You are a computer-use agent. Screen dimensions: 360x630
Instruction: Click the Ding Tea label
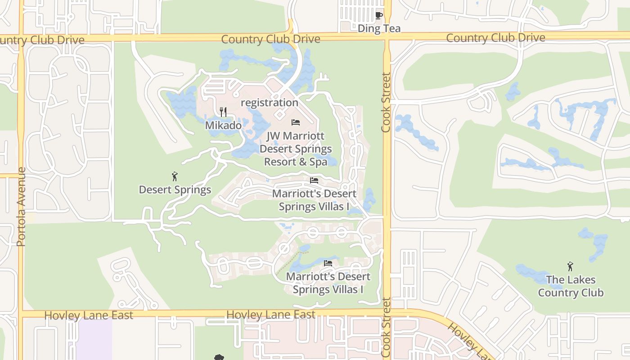tap(379, 29)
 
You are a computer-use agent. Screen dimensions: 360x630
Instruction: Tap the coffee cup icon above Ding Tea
tap(379, 16)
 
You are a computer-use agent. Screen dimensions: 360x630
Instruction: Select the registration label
tap(270, 103)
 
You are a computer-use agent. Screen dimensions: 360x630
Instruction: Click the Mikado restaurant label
tap(223, 125)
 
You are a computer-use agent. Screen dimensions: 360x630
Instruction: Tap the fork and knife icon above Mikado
tap(223, 112)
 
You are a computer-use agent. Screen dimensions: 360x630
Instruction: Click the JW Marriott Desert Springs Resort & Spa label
tap(296, 148)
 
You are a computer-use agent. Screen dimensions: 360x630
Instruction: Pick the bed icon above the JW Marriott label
tap(296, 122)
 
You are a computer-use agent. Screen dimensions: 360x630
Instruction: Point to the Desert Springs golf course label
tap(175, 189)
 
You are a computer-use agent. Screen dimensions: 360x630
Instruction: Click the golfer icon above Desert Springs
tap(175, 176)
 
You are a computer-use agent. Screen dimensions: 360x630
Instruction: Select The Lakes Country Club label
tap(571, 286)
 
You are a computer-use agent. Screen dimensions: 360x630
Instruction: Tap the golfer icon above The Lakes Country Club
tap(570, 266)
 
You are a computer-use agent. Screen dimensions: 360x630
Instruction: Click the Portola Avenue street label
tap(21, 207)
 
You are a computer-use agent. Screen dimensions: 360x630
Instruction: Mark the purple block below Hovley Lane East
tap(94, 338)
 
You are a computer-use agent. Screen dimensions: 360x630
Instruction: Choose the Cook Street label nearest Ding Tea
tap(386, 103)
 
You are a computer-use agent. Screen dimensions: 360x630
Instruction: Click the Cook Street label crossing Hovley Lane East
tap(386, 328)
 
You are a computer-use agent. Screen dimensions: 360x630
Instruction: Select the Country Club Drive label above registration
tap(270, 39)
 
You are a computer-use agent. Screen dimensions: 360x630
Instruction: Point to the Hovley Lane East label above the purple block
tap(89, 315)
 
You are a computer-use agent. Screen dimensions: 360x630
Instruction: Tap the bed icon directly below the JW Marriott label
tap(314, 180)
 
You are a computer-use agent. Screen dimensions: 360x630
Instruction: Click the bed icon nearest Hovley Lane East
tap(328, 263)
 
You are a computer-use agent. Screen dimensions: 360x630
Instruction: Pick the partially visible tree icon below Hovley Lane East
tap(219, 357)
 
